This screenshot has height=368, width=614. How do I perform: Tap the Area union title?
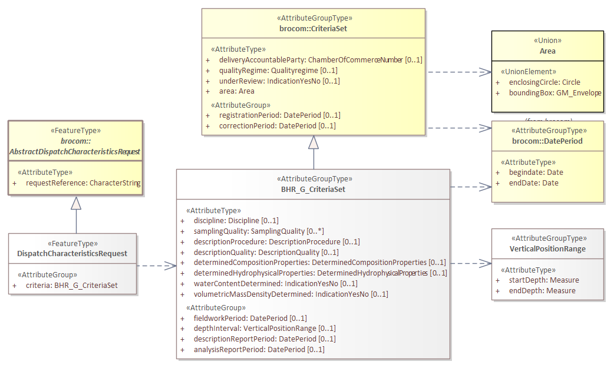(547, 51)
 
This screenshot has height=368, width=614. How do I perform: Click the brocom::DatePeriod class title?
(547, 141)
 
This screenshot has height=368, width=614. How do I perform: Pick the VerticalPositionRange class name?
(547, 248)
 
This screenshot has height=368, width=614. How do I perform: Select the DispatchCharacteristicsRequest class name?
(72, 254)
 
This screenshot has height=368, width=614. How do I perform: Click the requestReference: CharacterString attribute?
(83, 183)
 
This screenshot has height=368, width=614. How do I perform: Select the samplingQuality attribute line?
(259, 231)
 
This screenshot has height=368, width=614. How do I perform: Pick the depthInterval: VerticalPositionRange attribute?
(265, 329)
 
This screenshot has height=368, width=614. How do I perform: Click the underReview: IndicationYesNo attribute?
(279, 81)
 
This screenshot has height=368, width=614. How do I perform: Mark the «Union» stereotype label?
(547, 41)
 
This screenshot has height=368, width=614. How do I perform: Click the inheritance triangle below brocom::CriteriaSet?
(313, 142)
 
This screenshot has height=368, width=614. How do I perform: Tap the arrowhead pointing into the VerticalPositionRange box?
(486, 264)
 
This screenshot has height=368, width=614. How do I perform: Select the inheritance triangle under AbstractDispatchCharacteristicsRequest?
(76, 203)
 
